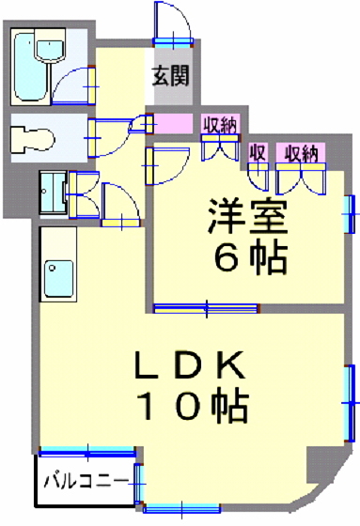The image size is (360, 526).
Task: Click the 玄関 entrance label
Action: pos(174,74)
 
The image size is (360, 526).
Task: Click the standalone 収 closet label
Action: pos(257,153)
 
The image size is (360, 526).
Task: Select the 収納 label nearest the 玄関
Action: pos(220,123)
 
